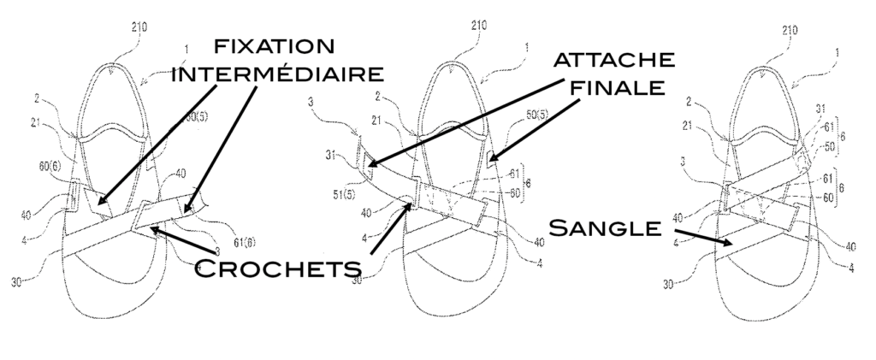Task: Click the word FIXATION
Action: tap(275, 45)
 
